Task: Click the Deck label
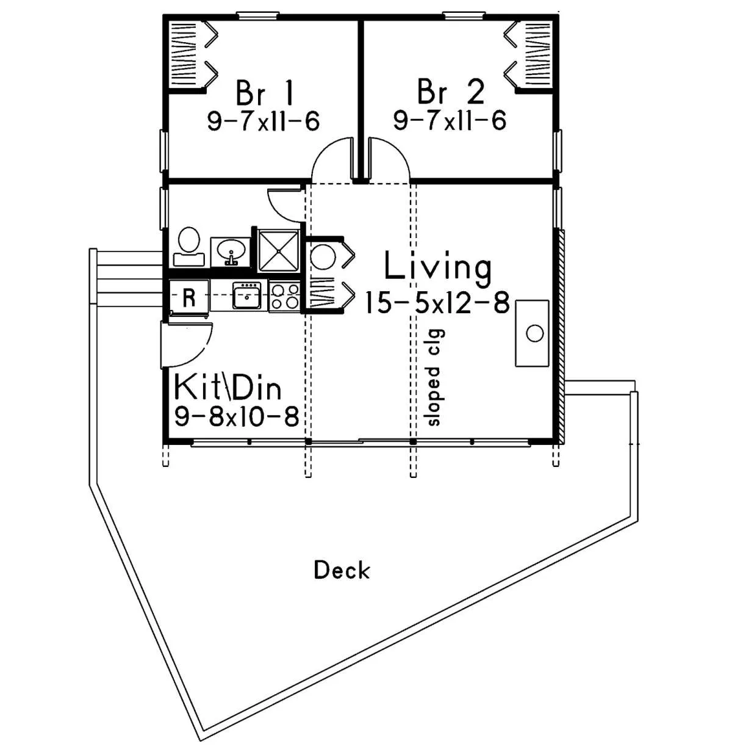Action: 342,570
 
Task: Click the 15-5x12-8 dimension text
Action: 437,303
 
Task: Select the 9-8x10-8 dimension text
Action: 236,416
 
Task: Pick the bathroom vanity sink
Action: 230,252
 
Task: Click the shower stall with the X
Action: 278,250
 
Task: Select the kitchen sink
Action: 246,295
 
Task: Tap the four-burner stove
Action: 285,297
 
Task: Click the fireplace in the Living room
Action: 532,333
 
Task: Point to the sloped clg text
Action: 433,378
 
